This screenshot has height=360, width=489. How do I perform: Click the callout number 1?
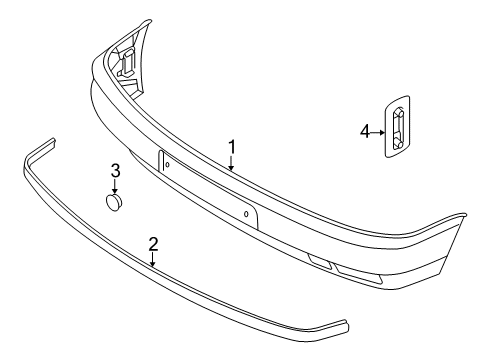[x=232, y=147]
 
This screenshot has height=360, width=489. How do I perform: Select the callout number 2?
[x=153, y=244]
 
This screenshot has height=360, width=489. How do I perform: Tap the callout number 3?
[x=115, y=171]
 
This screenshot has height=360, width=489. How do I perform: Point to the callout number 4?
[x=365, y=131]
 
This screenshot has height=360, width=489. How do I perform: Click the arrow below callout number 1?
[x=231, y=164]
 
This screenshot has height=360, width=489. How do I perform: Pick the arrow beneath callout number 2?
[x=153, y=260]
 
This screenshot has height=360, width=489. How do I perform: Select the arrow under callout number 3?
[x=115, y=186]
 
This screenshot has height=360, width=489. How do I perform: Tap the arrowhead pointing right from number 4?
[x=382, y=132]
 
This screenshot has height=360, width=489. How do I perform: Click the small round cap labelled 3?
[x=114, y=202]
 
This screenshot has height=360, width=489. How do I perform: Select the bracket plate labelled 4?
[x=397, y=127]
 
